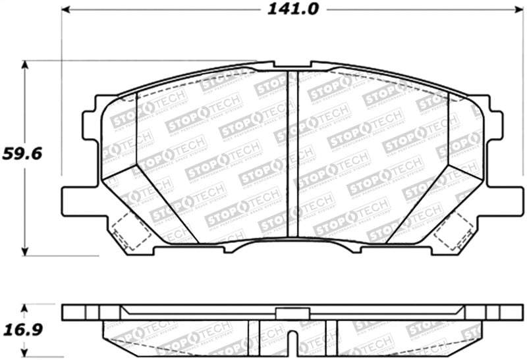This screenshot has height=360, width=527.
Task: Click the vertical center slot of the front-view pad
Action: pyautogui.click(x=293, y=155)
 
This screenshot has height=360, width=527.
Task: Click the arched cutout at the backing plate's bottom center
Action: pyautogui.click(x=293, y=245)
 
